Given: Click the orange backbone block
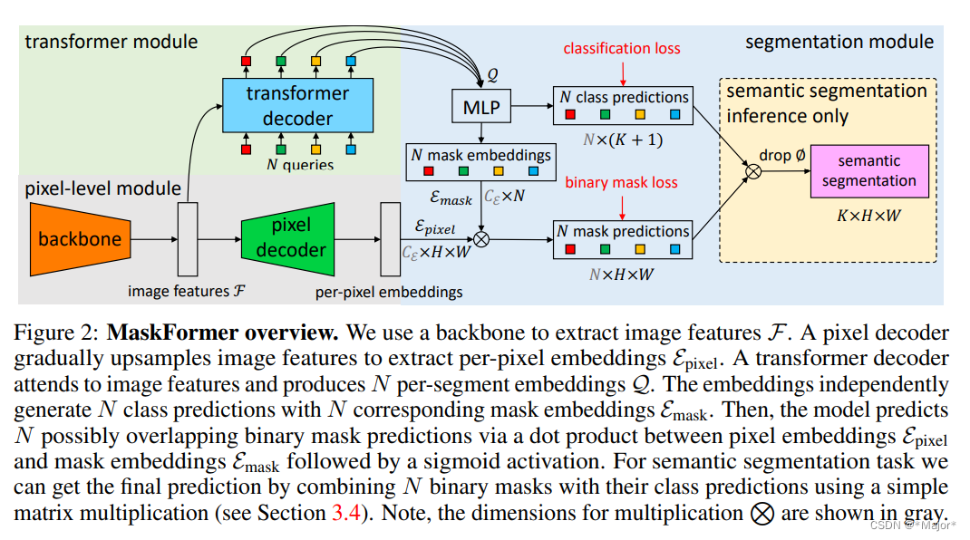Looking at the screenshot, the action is coord(81,239).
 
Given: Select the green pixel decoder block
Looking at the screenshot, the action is coord(288,239).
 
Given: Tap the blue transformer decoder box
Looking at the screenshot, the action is coord(297,105).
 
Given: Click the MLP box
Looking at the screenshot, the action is coord(481,107).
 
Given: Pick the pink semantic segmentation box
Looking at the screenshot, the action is coord(869,171).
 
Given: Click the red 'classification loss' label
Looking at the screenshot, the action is coord(622,48).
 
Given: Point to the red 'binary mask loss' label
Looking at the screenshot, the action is coord(621,182).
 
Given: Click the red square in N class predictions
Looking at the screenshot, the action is coord(570,114).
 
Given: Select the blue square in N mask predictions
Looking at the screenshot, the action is coord(674,248).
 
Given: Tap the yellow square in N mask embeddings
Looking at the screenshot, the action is coord(499,171).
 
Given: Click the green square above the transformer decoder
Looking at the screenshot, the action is coord(281,62).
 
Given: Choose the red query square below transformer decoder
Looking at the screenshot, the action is coord(247,149).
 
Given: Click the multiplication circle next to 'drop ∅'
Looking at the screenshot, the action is coord(753,171).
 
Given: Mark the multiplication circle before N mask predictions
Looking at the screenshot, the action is coord(481,239).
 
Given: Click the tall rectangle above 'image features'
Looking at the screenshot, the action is coord(188,239).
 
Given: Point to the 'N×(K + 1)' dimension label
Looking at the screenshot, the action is coord(622,140).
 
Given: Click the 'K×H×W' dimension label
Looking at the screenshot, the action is coord(869,216).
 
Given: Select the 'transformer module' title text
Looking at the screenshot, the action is coord(112,42).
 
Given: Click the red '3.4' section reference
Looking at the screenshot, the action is coord(346,513).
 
